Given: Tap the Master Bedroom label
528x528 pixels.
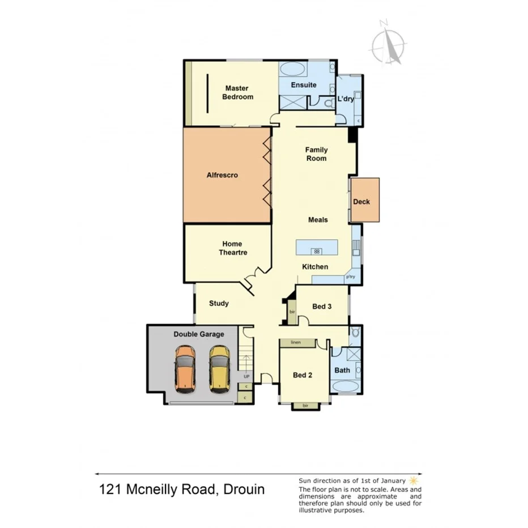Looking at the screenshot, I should click(x=237, y=92).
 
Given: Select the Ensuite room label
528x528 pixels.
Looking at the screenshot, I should click(x=304, y=85).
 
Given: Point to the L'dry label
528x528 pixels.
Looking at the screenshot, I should click(x=346, y=99).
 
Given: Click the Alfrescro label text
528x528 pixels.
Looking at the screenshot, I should click(x=222, y=175).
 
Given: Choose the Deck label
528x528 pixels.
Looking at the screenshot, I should click(x=361, y=202).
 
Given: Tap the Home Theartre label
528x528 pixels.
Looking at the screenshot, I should click(x=233, y=248).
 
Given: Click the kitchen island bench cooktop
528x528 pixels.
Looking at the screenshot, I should click(x=317, y=251).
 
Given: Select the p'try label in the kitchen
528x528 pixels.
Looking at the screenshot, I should click(x=351, y=277).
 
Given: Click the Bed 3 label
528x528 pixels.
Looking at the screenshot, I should click(x=322, y=306).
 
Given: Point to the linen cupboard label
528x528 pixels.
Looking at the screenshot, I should click(x=295, y=343).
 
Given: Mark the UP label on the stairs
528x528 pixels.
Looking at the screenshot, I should click(x=246, y=376).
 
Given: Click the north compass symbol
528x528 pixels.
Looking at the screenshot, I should click(x=389, y=44).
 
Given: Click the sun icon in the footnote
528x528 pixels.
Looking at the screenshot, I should click(x=412, y=480).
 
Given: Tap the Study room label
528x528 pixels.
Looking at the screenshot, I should click(x=219, y=303).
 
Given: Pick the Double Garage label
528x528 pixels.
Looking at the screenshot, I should click(x=198, y=334).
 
